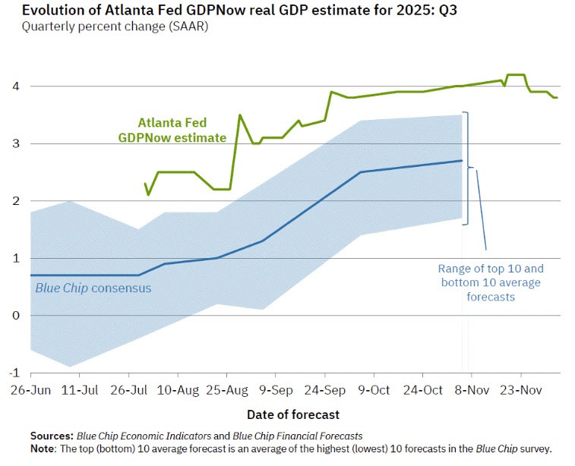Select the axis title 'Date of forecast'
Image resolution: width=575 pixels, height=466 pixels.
[293, 414]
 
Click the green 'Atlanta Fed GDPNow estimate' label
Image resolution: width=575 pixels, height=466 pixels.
[172, 130]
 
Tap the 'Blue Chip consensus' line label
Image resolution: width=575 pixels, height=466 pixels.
[93, 288]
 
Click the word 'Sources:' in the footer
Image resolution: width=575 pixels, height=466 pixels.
[52, 436]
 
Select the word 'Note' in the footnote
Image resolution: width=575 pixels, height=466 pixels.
[43, 448]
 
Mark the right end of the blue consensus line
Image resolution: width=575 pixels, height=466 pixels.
[463, 160]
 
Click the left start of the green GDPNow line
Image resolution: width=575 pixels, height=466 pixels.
[144, 183]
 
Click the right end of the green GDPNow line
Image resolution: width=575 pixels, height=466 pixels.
[558, 97]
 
